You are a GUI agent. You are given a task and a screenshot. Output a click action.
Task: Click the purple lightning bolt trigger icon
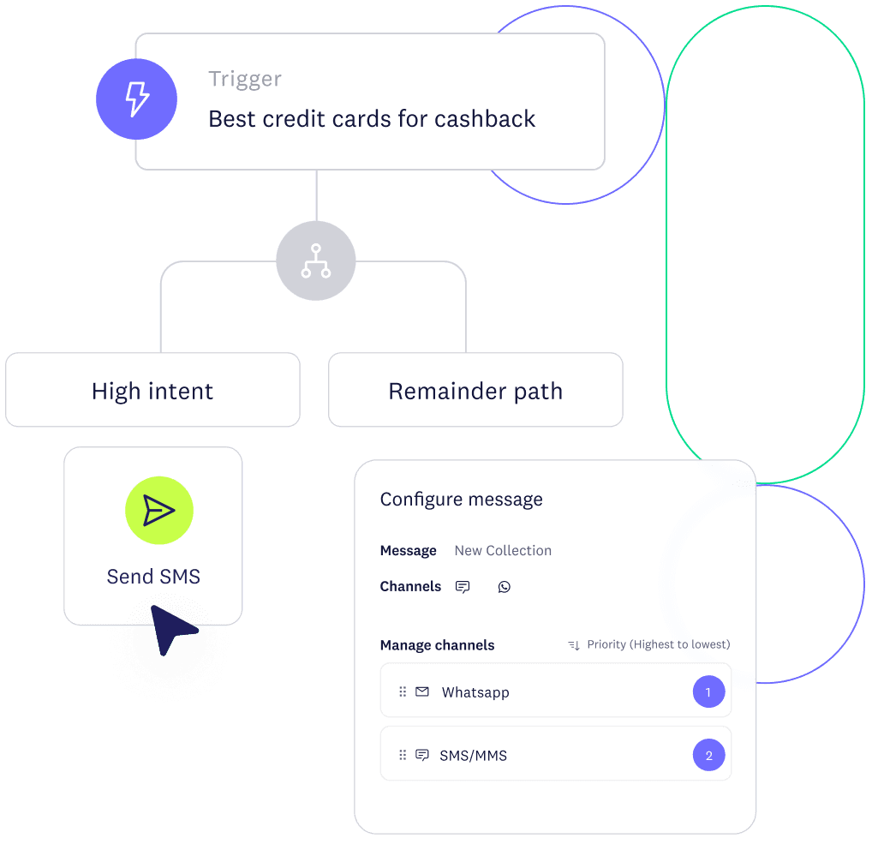click(x=136, y=99)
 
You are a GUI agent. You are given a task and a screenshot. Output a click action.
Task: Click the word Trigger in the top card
click(x=245, y=79)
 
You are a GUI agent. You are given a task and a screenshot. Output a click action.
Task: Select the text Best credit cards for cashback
click(x=372, y=118)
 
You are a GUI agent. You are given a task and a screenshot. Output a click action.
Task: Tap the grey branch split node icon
click(x=315, y=260)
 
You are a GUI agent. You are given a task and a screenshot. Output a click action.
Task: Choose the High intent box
click(x=152, y=391)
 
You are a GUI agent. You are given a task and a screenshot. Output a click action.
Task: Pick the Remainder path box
click(x=475, y=391)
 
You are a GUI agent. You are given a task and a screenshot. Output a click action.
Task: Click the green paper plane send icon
click(x=159, y=511)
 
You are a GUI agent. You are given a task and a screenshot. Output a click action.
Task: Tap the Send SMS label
click(x=153, y=577)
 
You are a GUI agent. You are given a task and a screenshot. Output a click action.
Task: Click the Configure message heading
click(x=461, y=500)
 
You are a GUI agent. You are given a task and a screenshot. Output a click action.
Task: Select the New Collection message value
click(x=503, y=551)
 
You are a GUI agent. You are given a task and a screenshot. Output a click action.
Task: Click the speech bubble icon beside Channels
click(x=463, y=587)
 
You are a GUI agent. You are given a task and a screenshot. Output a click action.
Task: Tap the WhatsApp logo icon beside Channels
click(x=505, y=587)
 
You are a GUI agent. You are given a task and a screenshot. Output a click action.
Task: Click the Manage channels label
click(x=437, y=645)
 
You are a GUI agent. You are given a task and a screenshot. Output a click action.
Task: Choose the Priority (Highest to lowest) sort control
click(x=649, y=644)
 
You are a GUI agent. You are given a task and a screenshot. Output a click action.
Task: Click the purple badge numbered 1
click(x=708, y=692)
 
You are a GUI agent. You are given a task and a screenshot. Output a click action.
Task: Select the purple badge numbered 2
click(x=708, y=756)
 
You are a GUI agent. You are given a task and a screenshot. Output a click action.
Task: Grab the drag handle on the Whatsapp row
click(x=403, y=692)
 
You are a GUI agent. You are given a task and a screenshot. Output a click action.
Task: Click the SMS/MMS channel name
click(x=473, y=756)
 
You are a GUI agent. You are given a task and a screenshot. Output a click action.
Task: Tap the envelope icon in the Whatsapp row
click(x=422, y=691)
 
